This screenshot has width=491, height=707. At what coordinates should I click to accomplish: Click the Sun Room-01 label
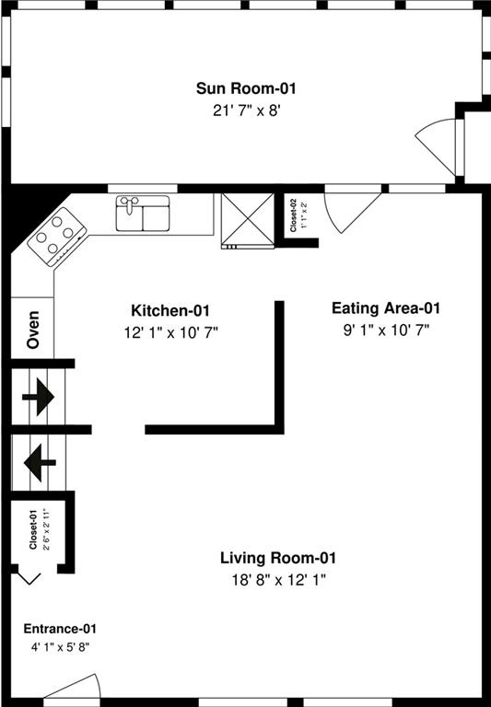(246, 88)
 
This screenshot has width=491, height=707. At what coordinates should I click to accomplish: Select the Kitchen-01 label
(170, 310)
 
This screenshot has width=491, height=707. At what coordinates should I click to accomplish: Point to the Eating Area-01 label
(386, 308)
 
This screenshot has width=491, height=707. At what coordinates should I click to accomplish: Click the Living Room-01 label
(278, 558)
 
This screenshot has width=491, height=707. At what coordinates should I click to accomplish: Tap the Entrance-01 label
(60, 629)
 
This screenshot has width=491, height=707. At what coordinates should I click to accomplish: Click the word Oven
(33, 330)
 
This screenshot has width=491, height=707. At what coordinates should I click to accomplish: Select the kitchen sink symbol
(143, 214)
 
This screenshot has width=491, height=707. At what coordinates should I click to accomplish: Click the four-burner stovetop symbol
(57, 237)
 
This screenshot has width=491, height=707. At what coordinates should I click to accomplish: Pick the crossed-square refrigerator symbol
(247, 221)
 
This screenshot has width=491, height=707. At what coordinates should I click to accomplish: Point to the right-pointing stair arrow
(39, 398)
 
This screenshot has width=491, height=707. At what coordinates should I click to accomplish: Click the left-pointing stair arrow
(40, 463)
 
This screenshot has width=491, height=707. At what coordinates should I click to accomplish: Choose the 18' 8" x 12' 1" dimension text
(279, 580)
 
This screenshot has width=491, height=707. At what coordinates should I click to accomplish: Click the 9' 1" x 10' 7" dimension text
(386, 331)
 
